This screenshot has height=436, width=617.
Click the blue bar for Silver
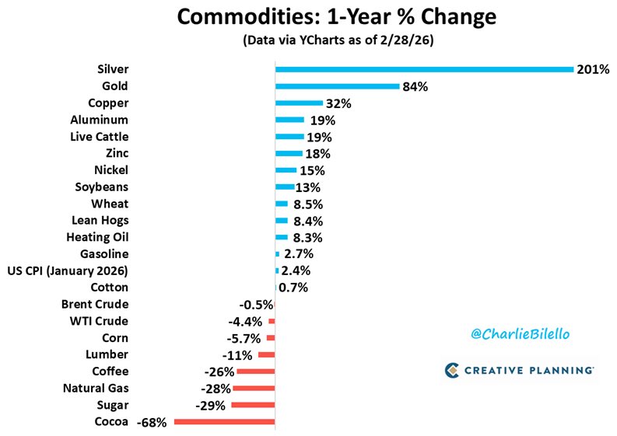point(424,69)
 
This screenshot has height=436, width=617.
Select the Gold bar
point(337,86)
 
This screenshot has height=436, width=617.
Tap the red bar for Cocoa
point(225,422)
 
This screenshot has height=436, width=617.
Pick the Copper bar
point(299,103)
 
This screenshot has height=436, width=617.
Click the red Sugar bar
point(253,405)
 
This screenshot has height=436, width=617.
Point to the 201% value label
point(593,70)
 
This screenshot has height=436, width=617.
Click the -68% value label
point(152,423)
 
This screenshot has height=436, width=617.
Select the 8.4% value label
point(306,221)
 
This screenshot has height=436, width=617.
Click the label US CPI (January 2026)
point(68,270)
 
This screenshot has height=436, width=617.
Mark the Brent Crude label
point(95,304)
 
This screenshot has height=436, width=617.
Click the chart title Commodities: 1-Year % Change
point(308,17)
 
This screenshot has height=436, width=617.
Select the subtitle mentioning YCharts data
point(308,39)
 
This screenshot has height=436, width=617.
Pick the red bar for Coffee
point(255,371)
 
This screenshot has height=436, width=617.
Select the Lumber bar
point(266,354)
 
